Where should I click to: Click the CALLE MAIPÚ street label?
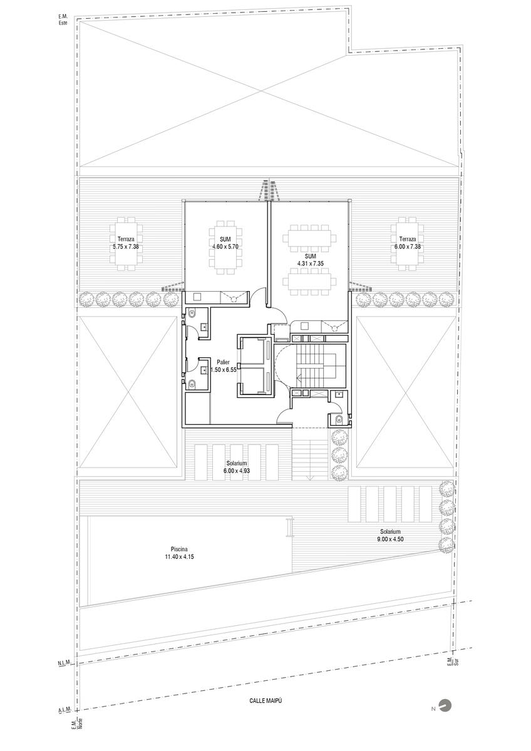[x=265, y=701]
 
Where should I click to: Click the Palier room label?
[x=223, y=362]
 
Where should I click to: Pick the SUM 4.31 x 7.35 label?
[x=311, y=260]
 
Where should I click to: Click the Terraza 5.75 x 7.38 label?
[x=126, y=243]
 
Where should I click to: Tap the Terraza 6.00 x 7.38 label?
[x=408, y=243]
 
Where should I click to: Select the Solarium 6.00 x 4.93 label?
[x=237, y=467]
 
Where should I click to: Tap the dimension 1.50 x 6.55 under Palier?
[x=224, y=370]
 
